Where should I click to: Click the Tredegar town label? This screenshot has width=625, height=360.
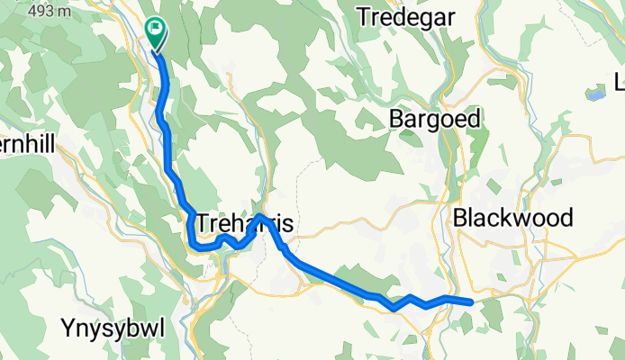click(x=406, y=17)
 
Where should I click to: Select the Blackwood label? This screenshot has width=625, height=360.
click(x=513, y=218)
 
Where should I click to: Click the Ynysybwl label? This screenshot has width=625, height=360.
click(x=113, y=328)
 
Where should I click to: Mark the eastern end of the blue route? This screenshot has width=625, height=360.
click(x=471, y=301)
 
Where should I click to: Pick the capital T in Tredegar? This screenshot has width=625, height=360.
click(x=363, y=17)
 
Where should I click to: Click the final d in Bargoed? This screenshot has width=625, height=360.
click(x=476, y=119)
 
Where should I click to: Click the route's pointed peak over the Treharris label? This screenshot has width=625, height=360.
click(x=259, y=215)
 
